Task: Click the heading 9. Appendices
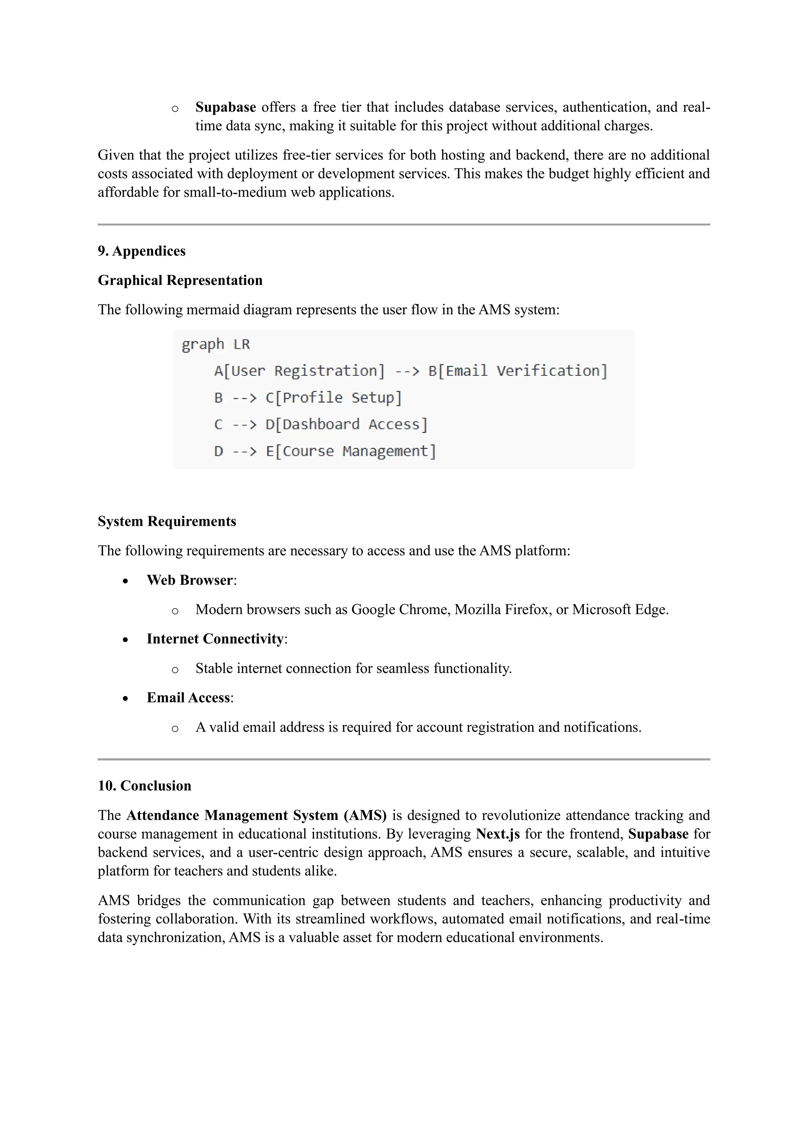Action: point(141,251)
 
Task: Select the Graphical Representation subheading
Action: point(180,280)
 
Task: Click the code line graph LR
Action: point(215,344)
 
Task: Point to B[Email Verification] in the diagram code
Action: point(518,371)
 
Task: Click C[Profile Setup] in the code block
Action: point(333,398)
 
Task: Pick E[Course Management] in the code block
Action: point(351,452)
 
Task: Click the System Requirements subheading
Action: point(166,521)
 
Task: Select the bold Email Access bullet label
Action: point(188,698)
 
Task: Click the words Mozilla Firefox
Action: point(503,610)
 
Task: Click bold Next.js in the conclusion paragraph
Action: point(498,834)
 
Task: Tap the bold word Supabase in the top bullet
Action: point(225,107)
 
